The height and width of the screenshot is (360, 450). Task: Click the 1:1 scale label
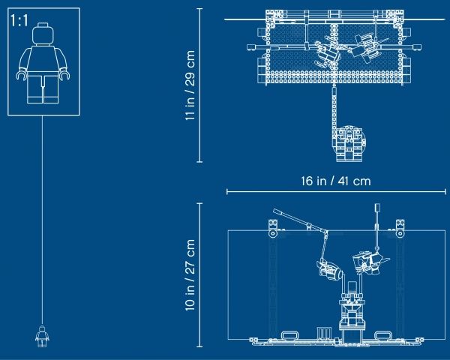[x=19, y=21]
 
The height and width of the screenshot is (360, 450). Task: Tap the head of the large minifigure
[x=43, y=34]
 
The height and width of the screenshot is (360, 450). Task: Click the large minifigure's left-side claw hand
[x=22, y=75]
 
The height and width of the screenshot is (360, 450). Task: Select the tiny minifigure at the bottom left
[x=42, y=336]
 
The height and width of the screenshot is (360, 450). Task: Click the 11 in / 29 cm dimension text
[x=190, y=85]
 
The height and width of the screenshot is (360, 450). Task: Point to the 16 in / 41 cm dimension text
[x=336, y=181]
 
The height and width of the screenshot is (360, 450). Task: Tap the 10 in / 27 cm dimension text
[x=190, y=275]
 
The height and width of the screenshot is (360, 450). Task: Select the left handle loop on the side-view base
[x=289, y=335]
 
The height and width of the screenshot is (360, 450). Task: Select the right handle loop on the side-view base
[x=383, y=335]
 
